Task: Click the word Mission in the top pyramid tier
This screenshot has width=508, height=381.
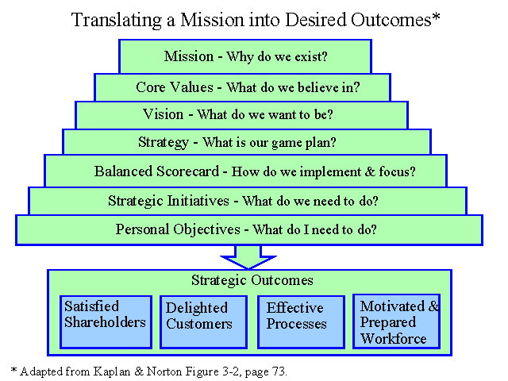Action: [x=189, y=56]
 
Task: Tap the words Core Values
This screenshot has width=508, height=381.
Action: [x=175, y=87]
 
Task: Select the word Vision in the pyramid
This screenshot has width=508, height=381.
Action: [x=164, y=114]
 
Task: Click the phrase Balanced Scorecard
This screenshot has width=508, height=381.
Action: [x=156, y=171]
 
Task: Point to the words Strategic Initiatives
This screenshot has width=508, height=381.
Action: [x=168, y=201]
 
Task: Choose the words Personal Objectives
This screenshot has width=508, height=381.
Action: [x=178, y=229]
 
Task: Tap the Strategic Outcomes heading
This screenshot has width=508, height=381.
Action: [x=252, y=280]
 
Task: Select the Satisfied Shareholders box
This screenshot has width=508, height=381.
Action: [x=106, y=322]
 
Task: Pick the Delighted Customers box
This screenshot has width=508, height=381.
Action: [x=203, y=322]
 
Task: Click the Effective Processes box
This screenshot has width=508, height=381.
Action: [x=301, y=322]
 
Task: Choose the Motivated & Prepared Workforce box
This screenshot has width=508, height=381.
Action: [x=396, y=321]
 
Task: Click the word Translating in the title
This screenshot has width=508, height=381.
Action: [x=117, y=20]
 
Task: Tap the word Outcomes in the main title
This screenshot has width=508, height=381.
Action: [x=391, y=20]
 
